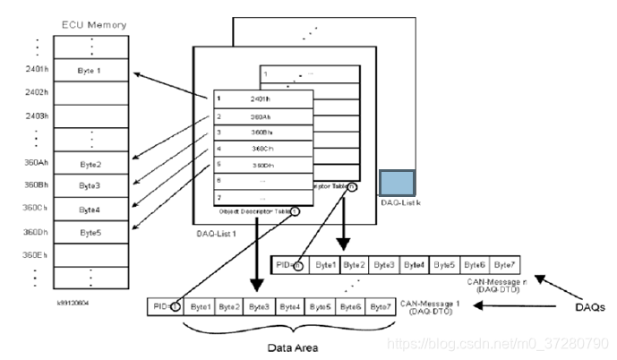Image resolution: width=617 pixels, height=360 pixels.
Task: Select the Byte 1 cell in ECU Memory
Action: pos(90,71)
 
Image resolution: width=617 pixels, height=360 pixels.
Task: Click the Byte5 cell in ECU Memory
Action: pos(90,232)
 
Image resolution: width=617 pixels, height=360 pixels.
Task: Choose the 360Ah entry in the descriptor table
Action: pos(262,116)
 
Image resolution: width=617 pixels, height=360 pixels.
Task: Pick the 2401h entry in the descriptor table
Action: pos(262,99)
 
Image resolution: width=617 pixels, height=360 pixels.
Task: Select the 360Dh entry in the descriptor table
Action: pos(262,165)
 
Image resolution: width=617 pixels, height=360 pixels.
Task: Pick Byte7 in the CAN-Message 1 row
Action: pos(380,306)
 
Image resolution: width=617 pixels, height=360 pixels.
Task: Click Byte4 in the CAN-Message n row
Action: pos(414,265)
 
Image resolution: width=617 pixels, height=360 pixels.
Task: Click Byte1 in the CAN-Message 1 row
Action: pos(201,306)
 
